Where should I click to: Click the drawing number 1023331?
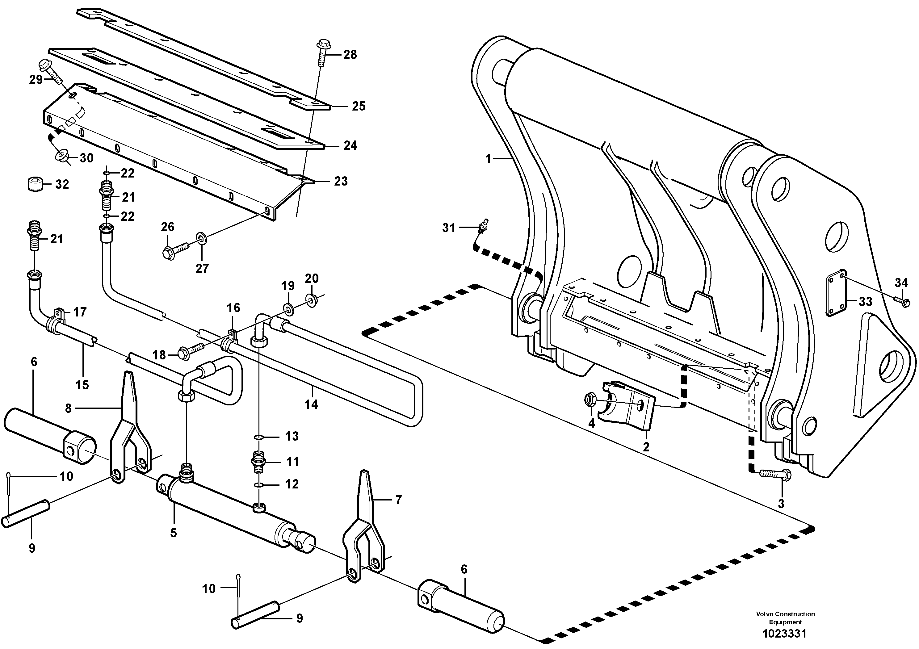click(784, 634)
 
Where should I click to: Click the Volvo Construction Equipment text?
click(785, 618)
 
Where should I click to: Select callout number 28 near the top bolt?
click(350, 55)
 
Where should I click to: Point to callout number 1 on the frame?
click(488, 159)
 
